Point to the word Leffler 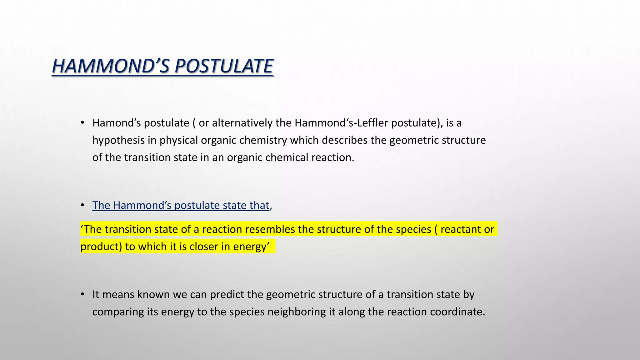click(x=373, y=123)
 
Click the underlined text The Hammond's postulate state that click(x=181, y=205)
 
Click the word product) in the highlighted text click(x=101, y=247)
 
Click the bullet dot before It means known click(x=82, y=294)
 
